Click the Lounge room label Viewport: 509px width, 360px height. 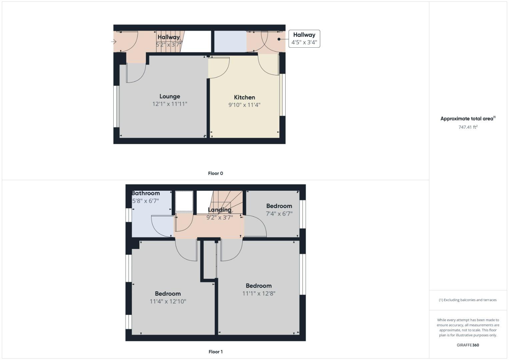[170, 97]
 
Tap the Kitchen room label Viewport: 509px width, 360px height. [244, 97]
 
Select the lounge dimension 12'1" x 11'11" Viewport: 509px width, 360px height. [170, 104]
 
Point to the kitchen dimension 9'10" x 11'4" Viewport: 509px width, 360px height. [244, 105]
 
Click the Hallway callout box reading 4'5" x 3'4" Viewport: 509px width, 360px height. [304, 39]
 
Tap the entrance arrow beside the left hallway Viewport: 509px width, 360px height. [114, 42]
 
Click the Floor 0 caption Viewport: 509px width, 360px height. [215, 173]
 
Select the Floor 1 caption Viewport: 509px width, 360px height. [215, 352]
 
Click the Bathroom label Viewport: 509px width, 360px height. [146, 193]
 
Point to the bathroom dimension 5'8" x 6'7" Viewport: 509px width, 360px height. [146, 201]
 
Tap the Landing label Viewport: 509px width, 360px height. [219, 210]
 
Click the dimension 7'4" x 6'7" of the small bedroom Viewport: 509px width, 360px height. [279, 214]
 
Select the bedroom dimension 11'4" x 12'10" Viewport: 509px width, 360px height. [168, 301]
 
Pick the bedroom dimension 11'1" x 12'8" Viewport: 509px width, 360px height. [259, 293]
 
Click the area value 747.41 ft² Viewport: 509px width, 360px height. [468, 127]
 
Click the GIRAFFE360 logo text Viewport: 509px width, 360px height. [468, 345]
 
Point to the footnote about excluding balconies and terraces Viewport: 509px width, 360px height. [468, 300]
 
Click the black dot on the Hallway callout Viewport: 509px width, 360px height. [279, 39]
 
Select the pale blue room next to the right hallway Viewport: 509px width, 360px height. [230, 42]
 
